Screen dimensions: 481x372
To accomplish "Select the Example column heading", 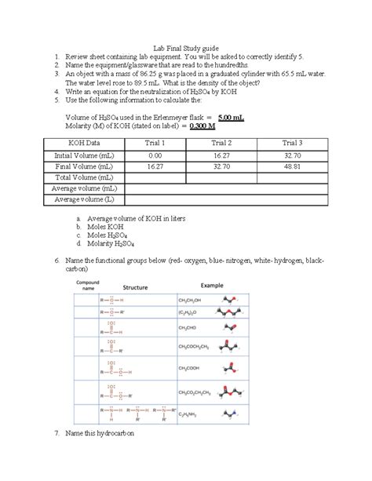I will pos(213,286).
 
